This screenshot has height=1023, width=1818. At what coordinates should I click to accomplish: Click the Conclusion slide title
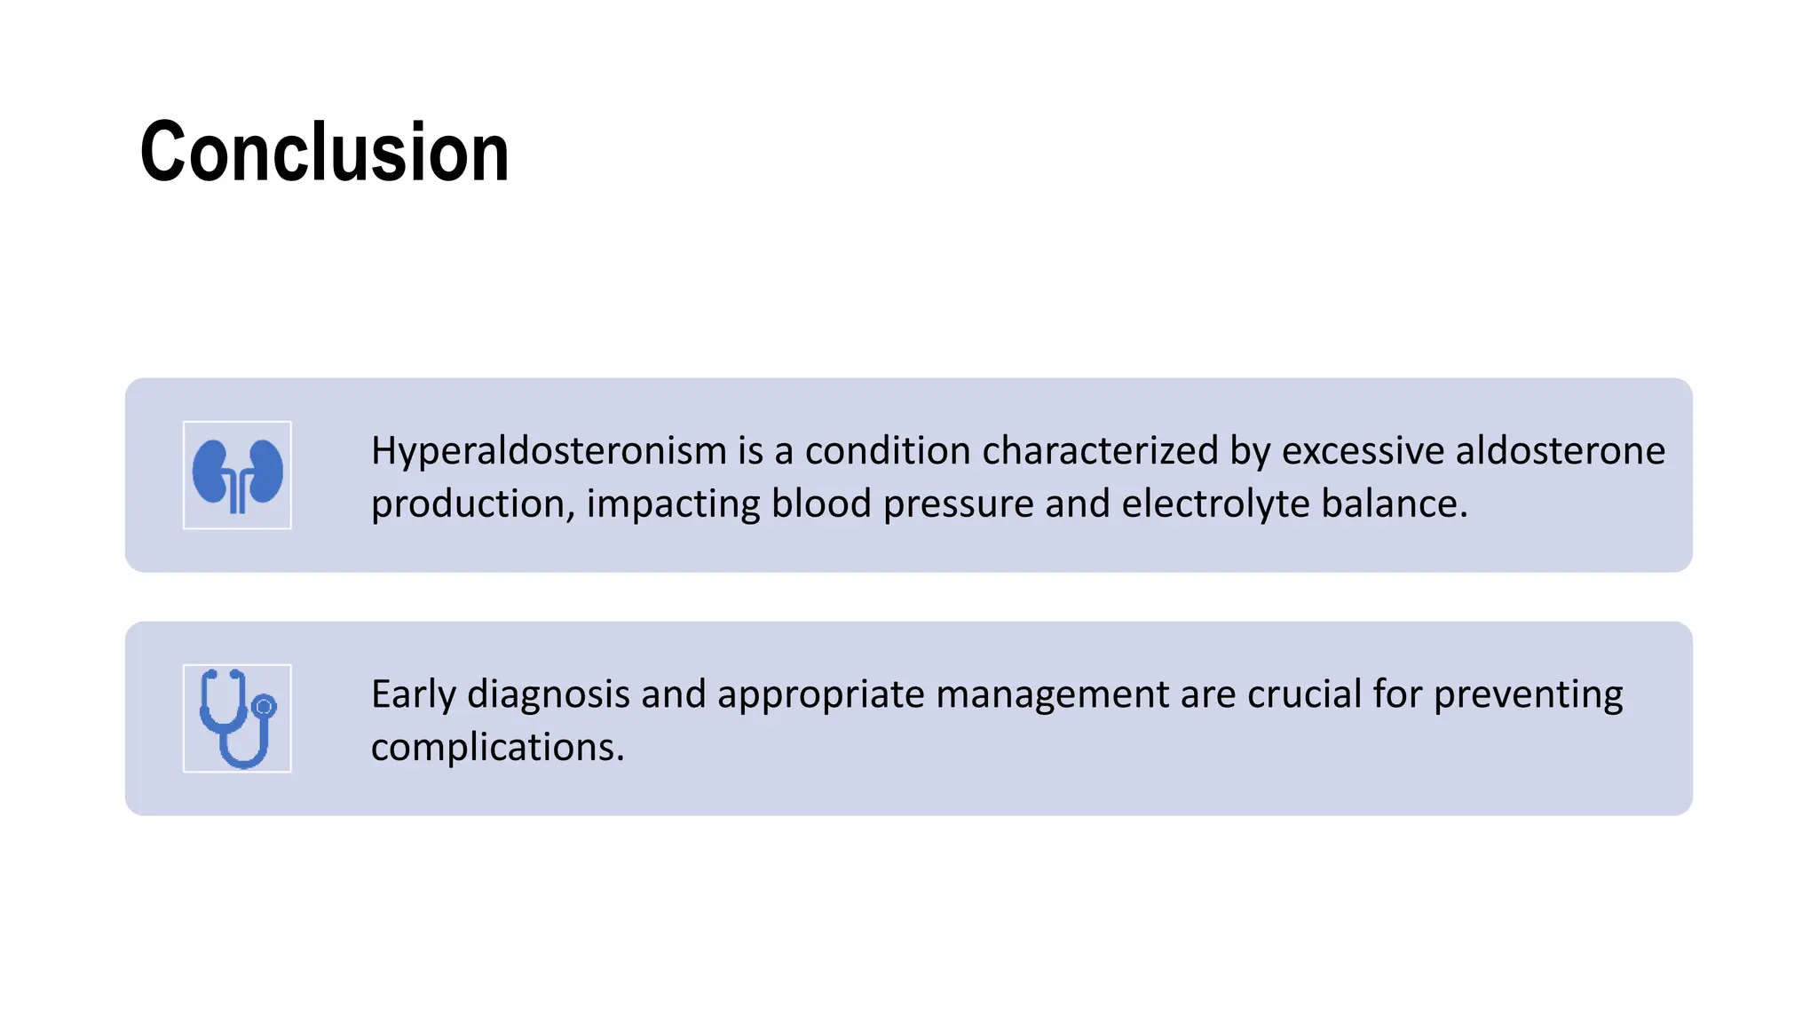click(x=325, y=153)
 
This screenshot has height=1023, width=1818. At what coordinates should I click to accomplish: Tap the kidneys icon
click(x=237, y=475)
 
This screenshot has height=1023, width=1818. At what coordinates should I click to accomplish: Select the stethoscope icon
click(x=237, y=718)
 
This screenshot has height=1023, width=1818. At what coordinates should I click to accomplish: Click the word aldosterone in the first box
click(x=1560, y=450)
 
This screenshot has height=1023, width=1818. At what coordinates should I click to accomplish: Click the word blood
click(x=821, y=504)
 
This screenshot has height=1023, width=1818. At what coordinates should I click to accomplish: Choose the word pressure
click(x=958, y=504)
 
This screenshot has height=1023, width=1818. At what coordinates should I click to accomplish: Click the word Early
click(x=413, y=694)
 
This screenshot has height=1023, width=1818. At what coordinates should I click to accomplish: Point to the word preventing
click(x=1528, y=694)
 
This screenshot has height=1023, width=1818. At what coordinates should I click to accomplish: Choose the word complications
click(x=497, y=748)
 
